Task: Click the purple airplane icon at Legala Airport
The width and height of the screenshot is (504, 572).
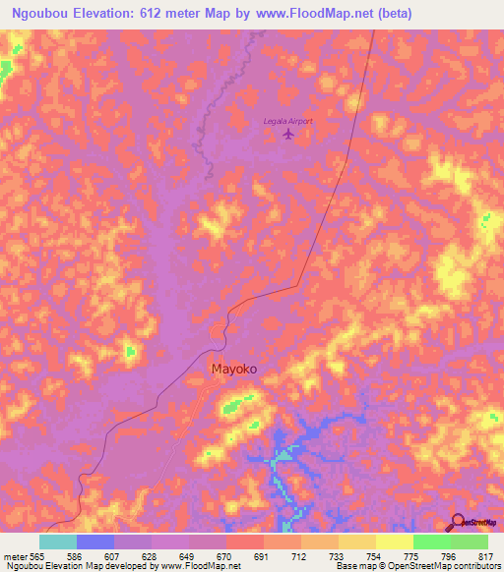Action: point(287,133)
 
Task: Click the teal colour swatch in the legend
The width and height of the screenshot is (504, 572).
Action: point(57,542)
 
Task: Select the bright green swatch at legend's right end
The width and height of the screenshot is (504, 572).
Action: point(469,542)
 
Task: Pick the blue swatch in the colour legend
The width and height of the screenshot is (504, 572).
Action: point(95,542)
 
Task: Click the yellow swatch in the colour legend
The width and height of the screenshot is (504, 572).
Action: point(394,542)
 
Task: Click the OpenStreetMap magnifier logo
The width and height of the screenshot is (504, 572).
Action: point(457,524)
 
